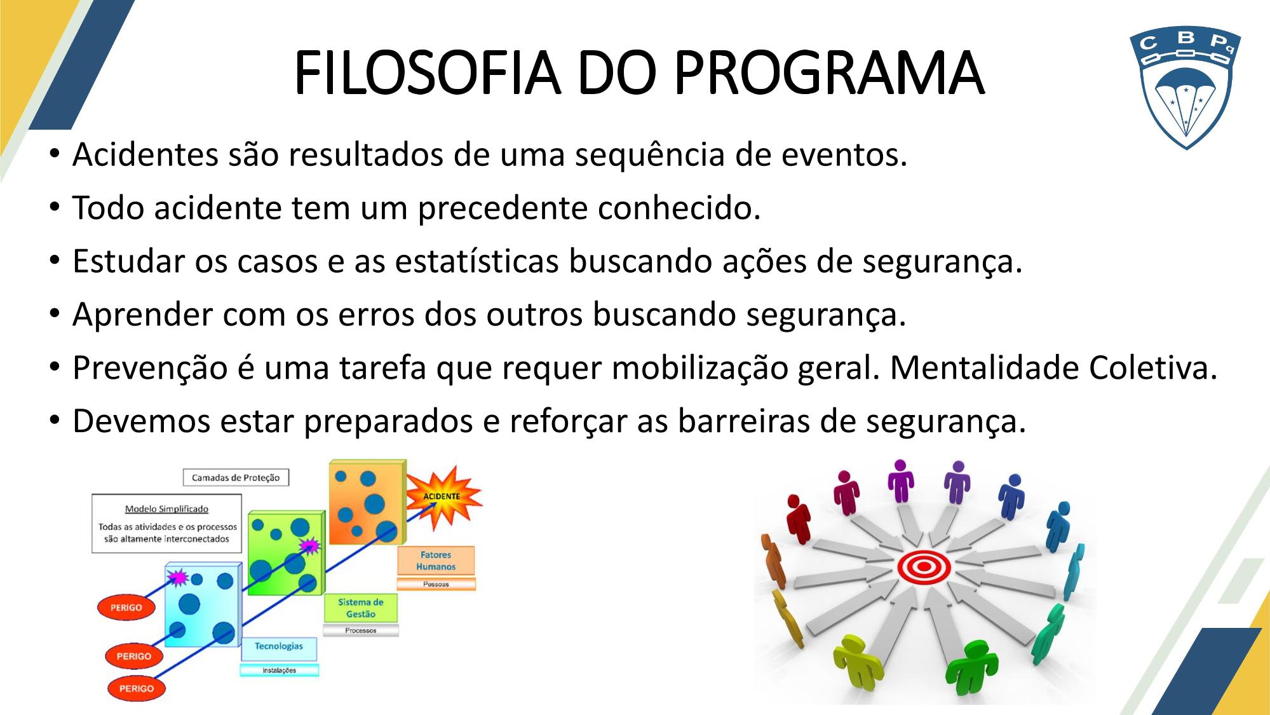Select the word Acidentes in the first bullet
[x=145, y=154]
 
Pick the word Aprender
[x=143, y=315]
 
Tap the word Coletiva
[x=1152, y=368]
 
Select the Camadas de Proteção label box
[x=236, y=477]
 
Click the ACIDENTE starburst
[x=443, y=497]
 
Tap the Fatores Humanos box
[x=436, y=561]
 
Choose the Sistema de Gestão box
[x=360, y=608]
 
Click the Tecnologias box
[x=279, y=647]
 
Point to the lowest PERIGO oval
[x=136, y=688]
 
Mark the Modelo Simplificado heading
[x=166, y=509]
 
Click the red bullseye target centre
[x=924, y=566]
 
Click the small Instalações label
[x=279, y=671]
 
